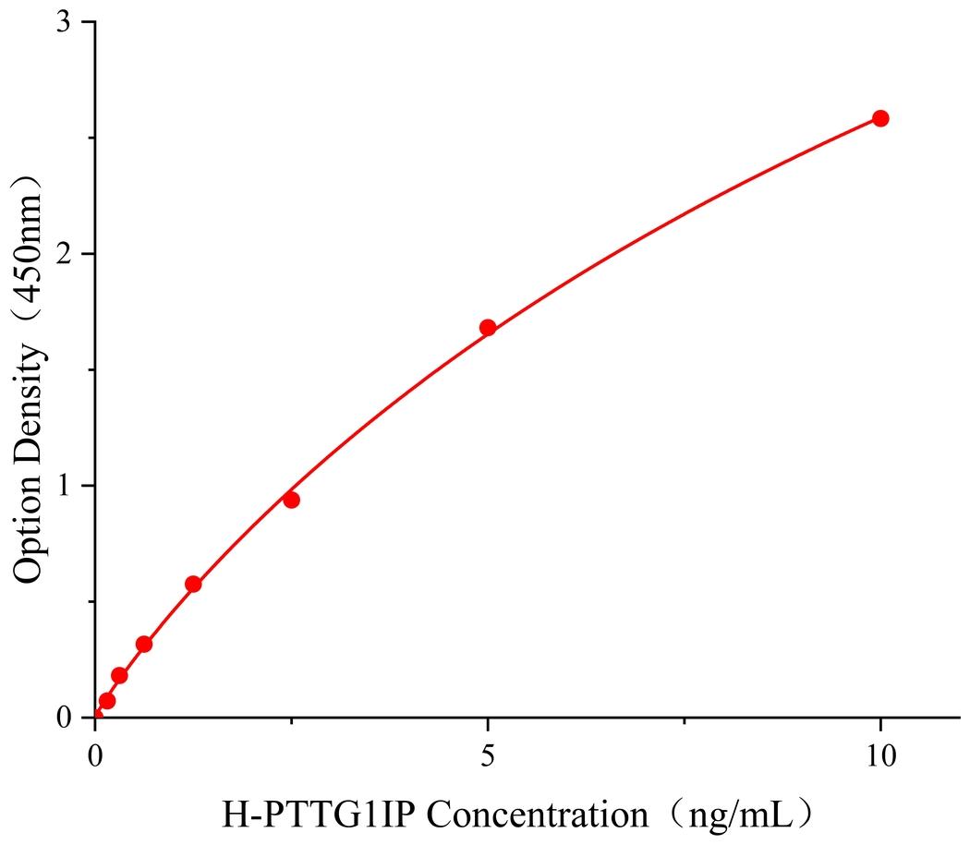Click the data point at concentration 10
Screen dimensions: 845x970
880,118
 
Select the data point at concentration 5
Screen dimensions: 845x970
488,327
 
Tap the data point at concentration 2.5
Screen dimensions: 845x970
291,500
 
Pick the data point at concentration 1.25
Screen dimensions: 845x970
193,584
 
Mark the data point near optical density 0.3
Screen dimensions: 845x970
144,644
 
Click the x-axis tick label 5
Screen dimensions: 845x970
488,755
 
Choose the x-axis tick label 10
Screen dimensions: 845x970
880,755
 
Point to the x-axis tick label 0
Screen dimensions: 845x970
96,755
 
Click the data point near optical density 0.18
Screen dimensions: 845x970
119,675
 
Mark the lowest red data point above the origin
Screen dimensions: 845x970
107,701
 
